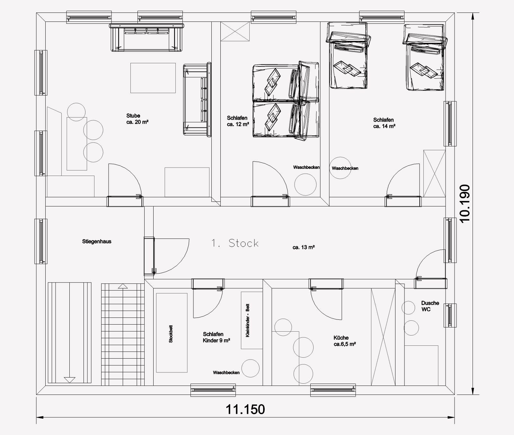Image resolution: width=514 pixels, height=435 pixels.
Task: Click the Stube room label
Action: coord(137,119)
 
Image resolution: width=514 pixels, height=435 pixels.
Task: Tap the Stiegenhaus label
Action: coord(97,241)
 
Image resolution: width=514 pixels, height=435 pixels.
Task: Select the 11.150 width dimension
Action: coord(245,409)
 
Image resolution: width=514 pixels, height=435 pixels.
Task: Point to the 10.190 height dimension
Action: coord(465,203)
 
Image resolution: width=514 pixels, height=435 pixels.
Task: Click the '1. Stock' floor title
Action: coord(235,243)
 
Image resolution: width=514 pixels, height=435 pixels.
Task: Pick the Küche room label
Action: coord(344,341)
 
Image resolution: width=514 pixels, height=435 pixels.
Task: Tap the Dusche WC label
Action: coord(430,306)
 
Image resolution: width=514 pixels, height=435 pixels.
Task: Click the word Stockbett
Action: coord(171,334)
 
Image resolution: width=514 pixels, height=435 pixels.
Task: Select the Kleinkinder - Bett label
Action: coord(247,320)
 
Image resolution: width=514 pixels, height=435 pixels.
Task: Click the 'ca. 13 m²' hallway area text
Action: coord(304,247)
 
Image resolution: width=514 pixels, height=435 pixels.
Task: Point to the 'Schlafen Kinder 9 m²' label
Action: coord(216,337)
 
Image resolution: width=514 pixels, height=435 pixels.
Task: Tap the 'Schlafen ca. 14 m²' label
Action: coord(384,123)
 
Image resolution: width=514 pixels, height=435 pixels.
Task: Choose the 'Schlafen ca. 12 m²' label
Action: coord(238,121)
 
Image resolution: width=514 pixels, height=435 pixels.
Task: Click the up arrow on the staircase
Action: coord(122,286)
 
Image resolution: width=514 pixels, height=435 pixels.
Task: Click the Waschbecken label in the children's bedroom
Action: coord(226,373)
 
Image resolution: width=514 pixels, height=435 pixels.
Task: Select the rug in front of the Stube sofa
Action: coord(153,78)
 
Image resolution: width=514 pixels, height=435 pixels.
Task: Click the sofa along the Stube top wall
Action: coord(147,37)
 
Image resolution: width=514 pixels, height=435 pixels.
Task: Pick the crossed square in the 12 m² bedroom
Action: coord(235,32)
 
